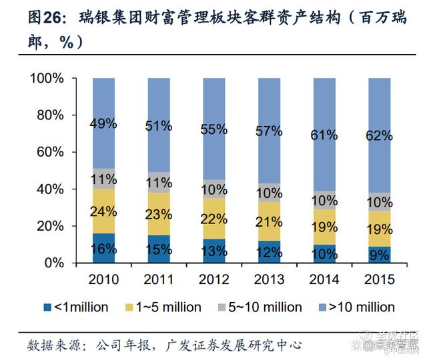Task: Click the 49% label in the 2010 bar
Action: (x=104, y=124)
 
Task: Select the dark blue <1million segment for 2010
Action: (x=104, y=249)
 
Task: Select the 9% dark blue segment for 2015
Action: (x=379, y=255)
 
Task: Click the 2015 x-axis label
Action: (x=379, y=279)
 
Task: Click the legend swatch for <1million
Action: (x=47, y=307)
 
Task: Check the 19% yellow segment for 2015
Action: (x=379, y=229)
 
